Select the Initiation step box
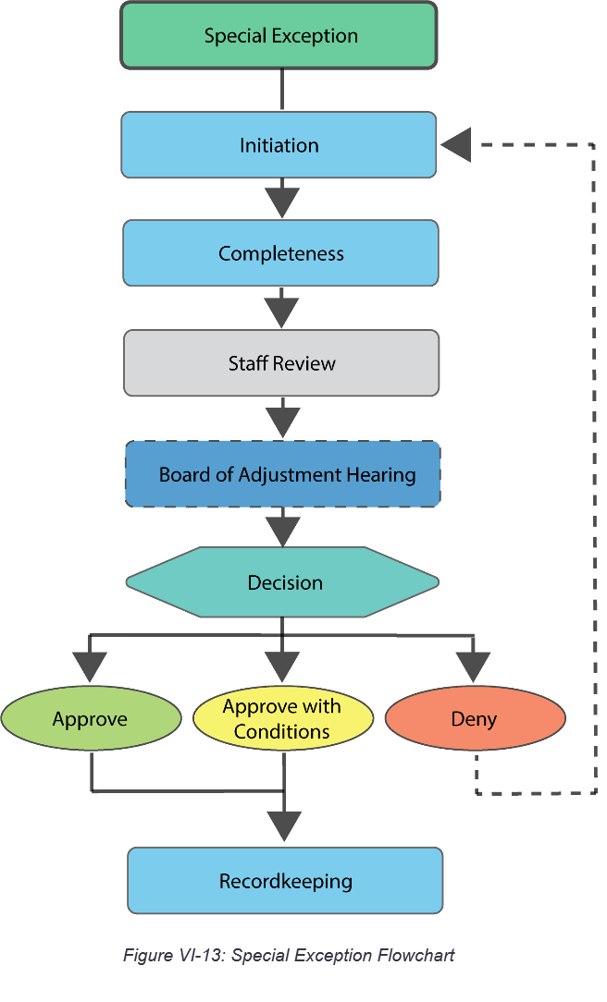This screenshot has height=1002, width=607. [279, 145]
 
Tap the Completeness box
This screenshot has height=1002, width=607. [280, 253]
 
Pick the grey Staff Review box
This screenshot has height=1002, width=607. [281, 363]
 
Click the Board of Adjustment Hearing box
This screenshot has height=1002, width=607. [283, 474]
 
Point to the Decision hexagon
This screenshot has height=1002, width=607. [283, 582]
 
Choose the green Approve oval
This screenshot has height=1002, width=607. [91, 719]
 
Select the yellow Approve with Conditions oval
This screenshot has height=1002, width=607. [282, 719]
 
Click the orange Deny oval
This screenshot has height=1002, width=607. [474, 719]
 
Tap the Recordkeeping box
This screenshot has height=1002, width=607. [285, 881]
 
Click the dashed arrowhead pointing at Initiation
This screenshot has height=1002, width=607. [457, 145]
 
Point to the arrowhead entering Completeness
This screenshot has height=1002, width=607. [281, 201]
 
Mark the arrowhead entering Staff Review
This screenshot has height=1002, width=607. [281, 311]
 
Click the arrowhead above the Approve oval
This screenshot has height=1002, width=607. [90, 664]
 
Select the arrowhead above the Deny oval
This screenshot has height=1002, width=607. [474, 664]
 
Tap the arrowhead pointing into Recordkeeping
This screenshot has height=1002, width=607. [284, 825]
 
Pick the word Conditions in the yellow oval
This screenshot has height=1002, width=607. [282, 732]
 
